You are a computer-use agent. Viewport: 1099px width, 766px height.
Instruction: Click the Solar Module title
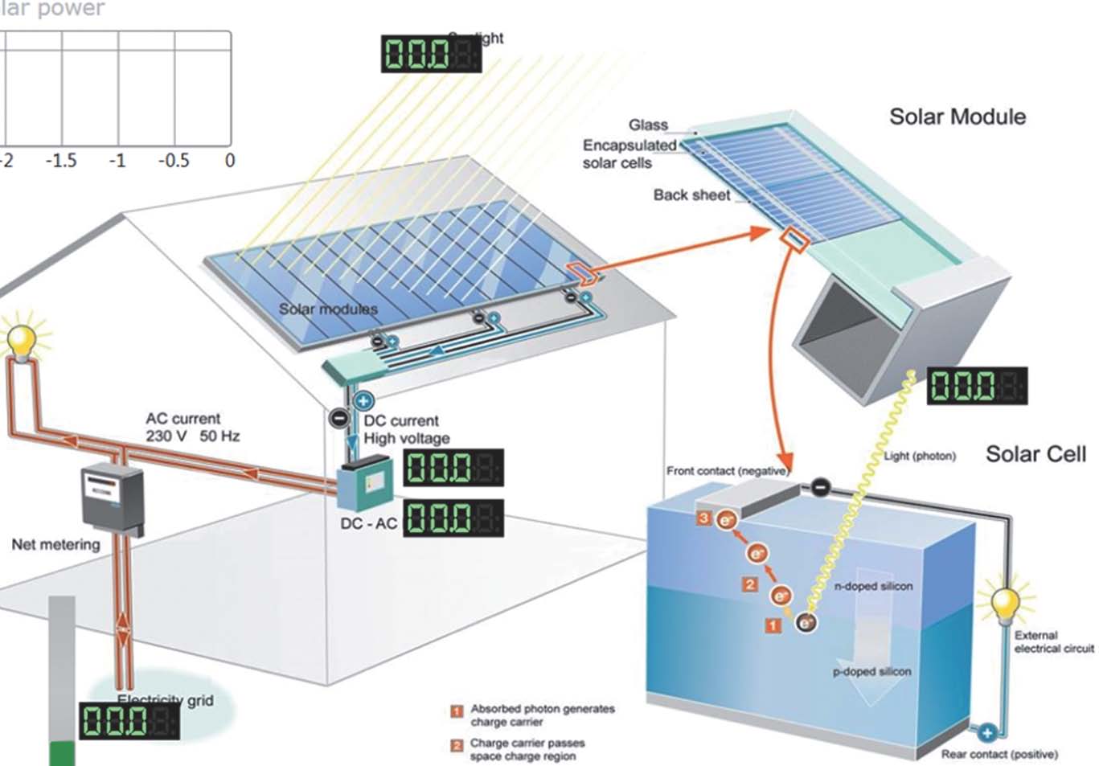(x=957, y=117)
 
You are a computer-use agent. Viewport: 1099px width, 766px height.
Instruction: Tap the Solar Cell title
(x=1035, y=454)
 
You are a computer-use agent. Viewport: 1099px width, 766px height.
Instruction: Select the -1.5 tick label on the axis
(x=61, y=161)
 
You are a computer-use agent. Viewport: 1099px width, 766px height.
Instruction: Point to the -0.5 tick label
(x=174, y=161)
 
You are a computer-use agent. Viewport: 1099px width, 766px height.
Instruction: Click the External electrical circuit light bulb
(x=1005, y=604)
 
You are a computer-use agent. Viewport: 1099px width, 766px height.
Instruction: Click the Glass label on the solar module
(x=648, y=125)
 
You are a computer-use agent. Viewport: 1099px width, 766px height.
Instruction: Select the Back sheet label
(x=691, y=195)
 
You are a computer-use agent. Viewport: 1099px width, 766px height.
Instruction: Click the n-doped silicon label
(x=873, y=586)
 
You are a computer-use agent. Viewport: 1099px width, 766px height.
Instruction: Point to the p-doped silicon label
(x=871, y=671)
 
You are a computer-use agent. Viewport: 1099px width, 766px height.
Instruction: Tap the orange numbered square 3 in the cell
(x=704, y=518)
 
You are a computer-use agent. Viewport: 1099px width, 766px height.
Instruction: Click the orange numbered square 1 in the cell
(x=773, y=625)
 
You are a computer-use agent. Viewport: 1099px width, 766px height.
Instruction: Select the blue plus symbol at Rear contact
(x=986, y=732)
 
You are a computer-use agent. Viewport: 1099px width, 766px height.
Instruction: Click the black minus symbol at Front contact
(x=819, y=486)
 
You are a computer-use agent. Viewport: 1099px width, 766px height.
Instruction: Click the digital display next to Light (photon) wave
(x=977, y=386)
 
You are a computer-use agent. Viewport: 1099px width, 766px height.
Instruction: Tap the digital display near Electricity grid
(x=129, y=720)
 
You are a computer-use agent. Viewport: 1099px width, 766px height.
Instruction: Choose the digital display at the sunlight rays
(x=430, y=54)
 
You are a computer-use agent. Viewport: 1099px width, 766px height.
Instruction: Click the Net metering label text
(x=55, y=544)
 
